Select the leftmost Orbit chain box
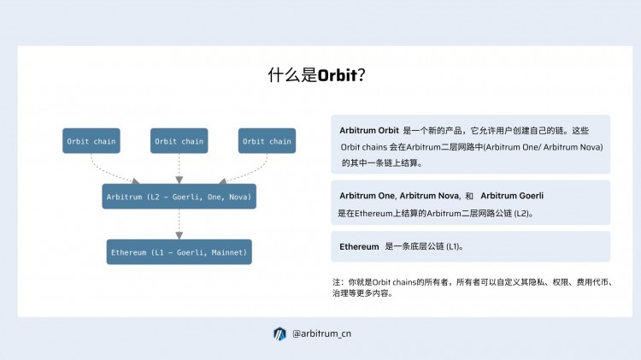tap(91, 141)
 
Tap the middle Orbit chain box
tap(179, 141)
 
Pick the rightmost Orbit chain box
tap(267, 141)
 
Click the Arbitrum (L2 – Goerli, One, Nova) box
tap(179, 197)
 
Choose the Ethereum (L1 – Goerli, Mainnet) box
tap(179, 252)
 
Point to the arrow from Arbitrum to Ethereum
tap(179, 224)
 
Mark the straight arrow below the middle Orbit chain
tap(179, 168)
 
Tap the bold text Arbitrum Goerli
tap(512, 196)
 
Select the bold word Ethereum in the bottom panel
tap(359, 246)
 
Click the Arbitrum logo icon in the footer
tap(279, 333)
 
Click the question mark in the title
tap(362, 75)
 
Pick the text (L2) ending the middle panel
tap(522, 212)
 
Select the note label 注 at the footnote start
tap(336, 281)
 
